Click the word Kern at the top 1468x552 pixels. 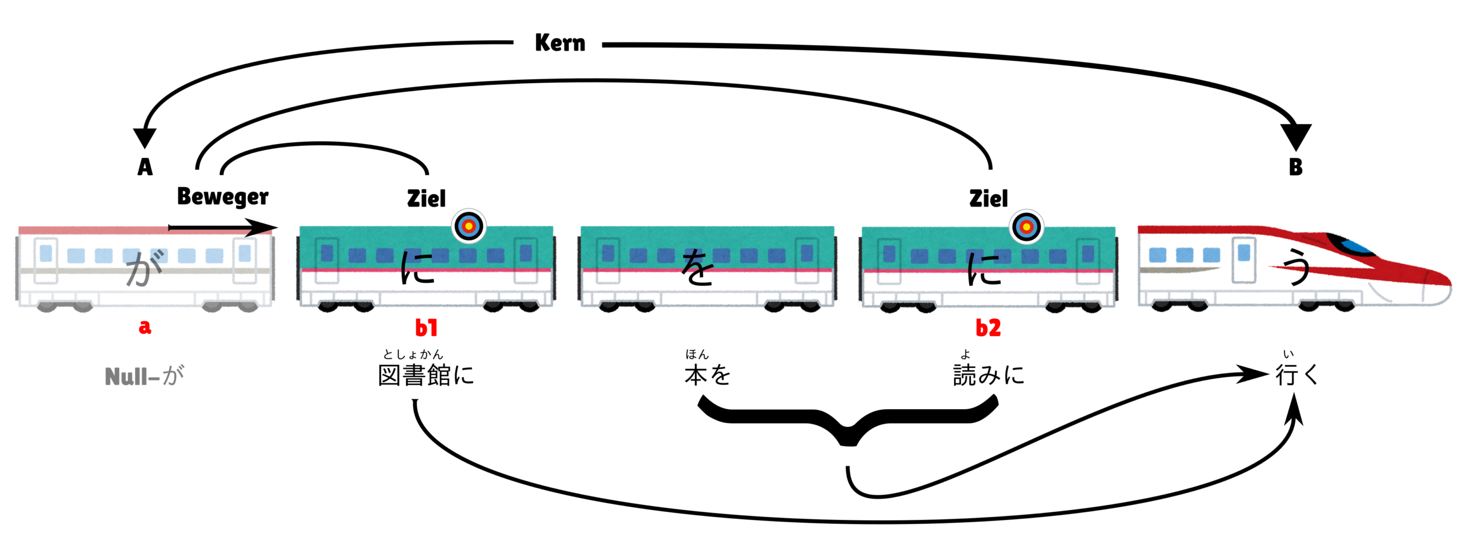pos(560,43)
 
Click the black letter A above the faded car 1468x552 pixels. pos(145,167)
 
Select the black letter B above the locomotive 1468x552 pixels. pos(1295,167)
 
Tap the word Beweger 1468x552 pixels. pos(222,197)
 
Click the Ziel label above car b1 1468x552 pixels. pos(426,199)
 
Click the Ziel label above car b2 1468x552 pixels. pos(988,199)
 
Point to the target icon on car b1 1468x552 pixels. pos(468,226)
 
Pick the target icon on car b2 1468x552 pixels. pos(1026,226)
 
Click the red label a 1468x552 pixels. pos(145,327)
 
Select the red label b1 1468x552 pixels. pos(426,328)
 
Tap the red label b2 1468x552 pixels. pos(988,328)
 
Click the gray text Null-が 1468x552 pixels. pos(145,376)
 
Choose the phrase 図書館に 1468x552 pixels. pos(426,375)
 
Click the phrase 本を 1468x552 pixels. pos(708,375)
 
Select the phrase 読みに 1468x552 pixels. pos(988,375)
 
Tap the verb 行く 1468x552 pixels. pos(1297,375)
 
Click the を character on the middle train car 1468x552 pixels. pos(697,268)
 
